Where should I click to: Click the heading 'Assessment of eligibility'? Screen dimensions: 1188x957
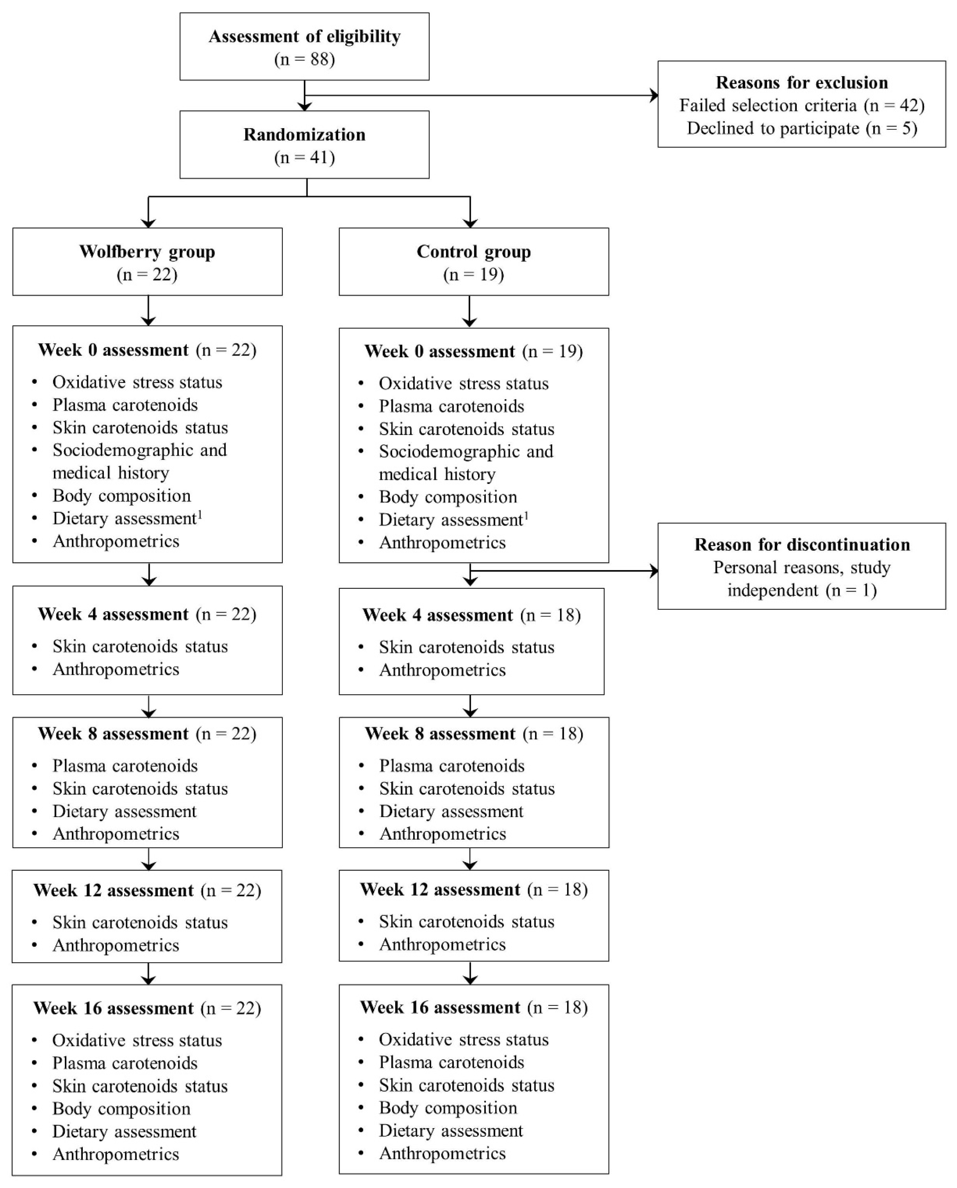pyautogui.click(x=304, y=36)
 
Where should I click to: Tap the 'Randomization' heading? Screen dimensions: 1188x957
pyautogui.click(x=304, y=135)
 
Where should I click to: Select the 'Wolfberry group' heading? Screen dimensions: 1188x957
pyautogui.click(x=147, y=252)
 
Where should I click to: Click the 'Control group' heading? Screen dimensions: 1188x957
pyautogui.click(x=473, y=252)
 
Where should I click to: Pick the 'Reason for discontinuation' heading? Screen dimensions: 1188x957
pyautogui.click(x=802, y=545)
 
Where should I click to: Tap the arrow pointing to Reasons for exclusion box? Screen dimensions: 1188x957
pyautogui.click(x=653, y=96)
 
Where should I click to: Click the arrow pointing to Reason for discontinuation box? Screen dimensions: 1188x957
pyautogui.click(x=653, y=570)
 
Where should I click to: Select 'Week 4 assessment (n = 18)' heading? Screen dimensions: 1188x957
pyautogui.click(x=471, y=615)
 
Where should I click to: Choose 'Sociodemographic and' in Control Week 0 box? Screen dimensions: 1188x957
pyautogui.click(x=466, y=452)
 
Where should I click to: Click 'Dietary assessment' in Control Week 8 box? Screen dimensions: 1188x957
pyautogui.click(x=451, y=811)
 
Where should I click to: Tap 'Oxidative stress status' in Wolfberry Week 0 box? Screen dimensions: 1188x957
pyautogui.click(x=137, y=382)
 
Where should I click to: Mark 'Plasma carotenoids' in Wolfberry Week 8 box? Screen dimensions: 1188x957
pyautogui.click(x=125, y=766)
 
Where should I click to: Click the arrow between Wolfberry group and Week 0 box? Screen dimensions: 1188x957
pyautogui.click(x=148, y=311)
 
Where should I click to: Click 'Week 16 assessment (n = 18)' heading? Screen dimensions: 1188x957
pyautogui.click(x=473, y=1007)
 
